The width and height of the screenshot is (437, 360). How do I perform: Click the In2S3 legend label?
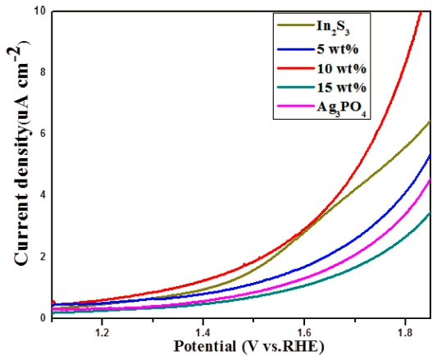[x=333, y=27]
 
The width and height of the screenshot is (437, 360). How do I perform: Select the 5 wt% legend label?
[x=337, y=49]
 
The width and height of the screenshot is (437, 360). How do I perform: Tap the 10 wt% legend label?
[x=341, y=68]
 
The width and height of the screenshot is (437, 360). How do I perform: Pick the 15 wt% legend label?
[x=341, y=88]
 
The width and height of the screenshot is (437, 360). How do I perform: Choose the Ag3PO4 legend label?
[x=341, y=109]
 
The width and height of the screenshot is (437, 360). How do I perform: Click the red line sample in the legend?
[x=295, y=68]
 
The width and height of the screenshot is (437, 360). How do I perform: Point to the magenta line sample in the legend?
[x=295, y=107]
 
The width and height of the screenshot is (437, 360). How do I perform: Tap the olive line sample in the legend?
[x=295, y=25]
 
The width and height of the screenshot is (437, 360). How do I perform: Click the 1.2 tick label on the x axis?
[x=102, y=333]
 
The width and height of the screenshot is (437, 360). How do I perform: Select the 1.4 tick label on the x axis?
[x=203, y=333]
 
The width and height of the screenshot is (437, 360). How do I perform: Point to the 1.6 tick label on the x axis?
[x=304, y=333]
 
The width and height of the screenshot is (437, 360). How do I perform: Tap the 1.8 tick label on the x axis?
[x=405, y=333]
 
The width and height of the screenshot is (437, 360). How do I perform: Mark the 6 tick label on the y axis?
[x=43, y=134]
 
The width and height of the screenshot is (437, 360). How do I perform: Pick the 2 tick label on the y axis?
[x=43, y=257]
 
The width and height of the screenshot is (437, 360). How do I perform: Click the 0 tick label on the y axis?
[x=43, y=318]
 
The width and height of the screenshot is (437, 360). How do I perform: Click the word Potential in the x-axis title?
[x=205, y=347]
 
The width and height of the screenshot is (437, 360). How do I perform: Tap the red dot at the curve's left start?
[x=53, y=303]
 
